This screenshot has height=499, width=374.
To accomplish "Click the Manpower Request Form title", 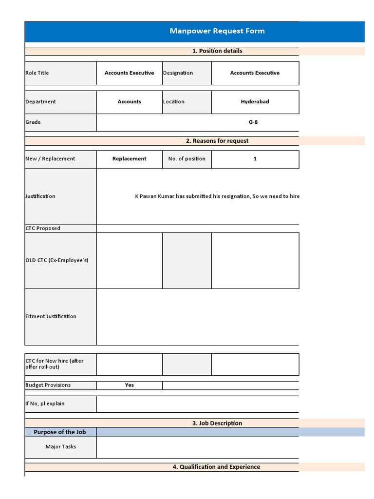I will [x=217, y=31].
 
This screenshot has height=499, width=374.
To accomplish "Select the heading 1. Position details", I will [x=217, y=51].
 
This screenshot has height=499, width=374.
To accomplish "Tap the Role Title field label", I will [x=37, y=73].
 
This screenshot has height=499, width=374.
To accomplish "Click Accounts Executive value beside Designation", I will [x=255, y=73].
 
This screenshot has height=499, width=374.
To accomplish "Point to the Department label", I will [x=40, y=102].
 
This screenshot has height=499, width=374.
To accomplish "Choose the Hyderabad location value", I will [x=255, y=102].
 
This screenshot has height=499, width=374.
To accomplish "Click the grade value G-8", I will [x=253, y=122].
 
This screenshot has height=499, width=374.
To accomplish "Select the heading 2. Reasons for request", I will [x=217, y=141].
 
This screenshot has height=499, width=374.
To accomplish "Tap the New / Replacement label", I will [x=50, y=159].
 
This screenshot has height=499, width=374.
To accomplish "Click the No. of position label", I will [x=187, y=159].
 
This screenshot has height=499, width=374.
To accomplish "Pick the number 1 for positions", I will [x=255, y=159].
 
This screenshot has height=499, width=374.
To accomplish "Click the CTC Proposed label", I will [x=43, y=229].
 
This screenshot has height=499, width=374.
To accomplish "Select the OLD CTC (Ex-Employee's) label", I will [x=56, y=260].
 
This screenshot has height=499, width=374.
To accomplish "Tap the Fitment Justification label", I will [x=51, y=317].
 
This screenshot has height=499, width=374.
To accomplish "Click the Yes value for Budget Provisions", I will [x=129, y=385].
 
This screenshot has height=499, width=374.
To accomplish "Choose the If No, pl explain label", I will [x=45, y=403].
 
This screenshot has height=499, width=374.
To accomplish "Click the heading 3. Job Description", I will [x=217, y=423].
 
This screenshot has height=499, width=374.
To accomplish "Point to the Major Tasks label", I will [x=60, y=446].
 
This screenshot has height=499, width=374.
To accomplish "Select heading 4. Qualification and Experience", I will [x=216, y=467].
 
